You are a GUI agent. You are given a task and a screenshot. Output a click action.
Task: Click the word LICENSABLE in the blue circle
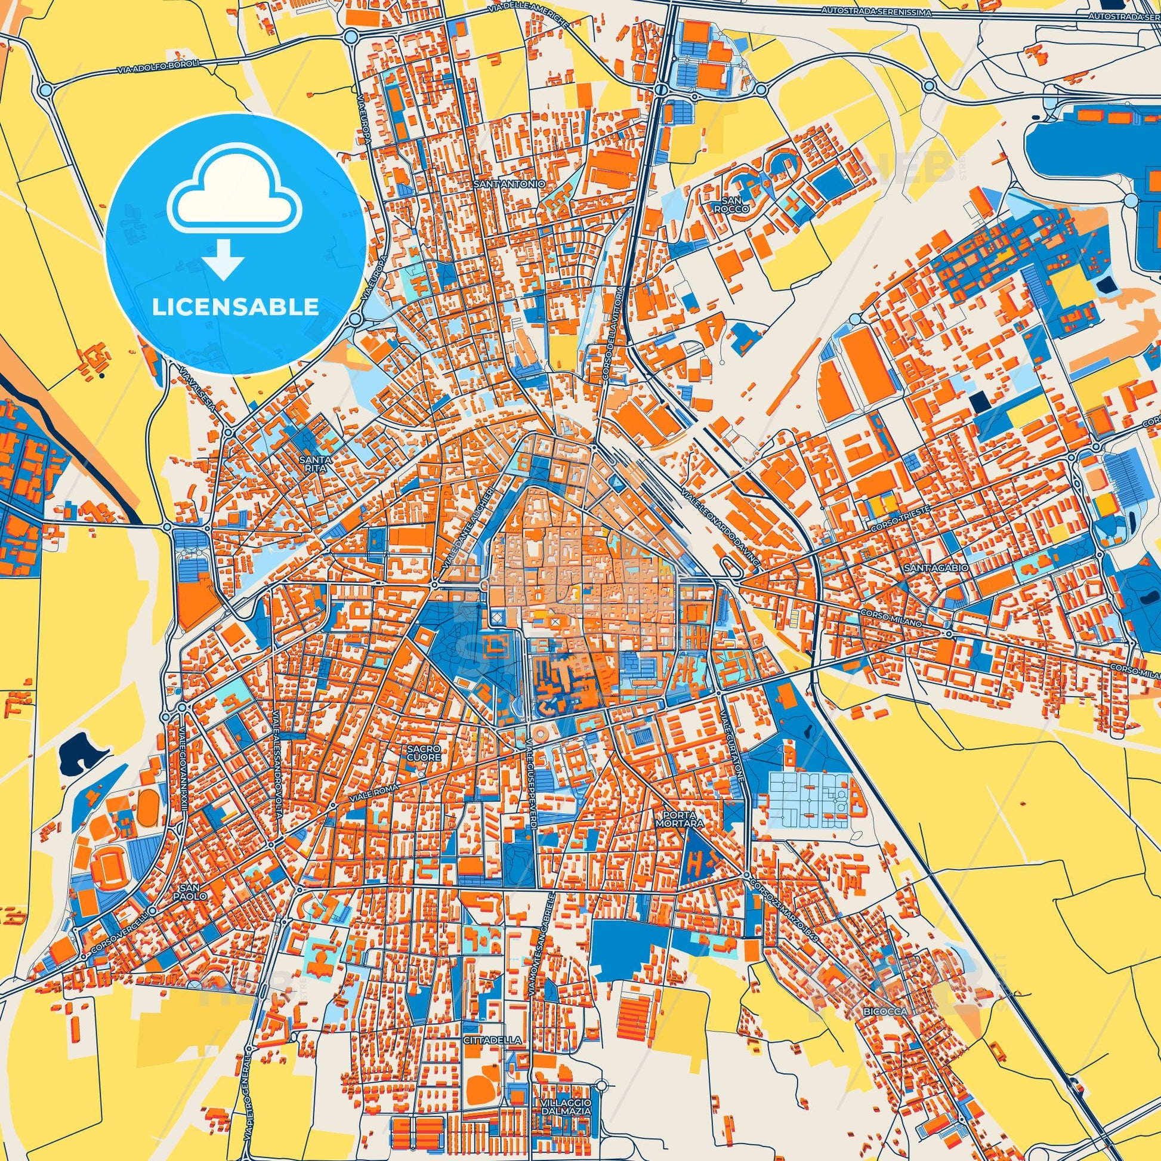(x=235, y=307)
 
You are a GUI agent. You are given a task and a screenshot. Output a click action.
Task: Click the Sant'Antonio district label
(x=509, y=183)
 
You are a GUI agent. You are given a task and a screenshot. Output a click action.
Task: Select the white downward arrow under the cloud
(x=223, y=259)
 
